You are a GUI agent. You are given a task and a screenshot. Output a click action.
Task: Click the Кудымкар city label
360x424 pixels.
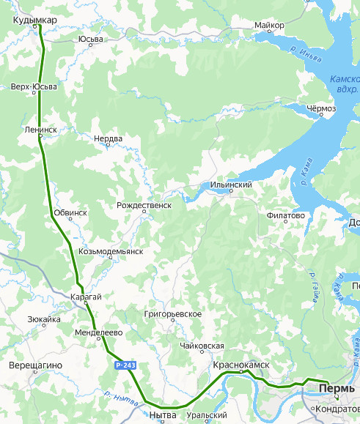coord(34,20)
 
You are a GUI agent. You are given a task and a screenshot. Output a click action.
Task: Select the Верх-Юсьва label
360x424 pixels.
coord(34,86)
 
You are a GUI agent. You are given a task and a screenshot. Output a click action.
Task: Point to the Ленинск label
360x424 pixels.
coord(40,129)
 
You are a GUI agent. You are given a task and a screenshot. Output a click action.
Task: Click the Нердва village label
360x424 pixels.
coord(109,138)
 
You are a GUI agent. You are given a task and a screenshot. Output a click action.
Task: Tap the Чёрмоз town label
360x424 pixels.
coord(320,108)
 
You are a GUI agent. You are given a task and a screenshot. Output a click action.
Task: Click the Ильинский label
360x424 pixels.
coord(231,185)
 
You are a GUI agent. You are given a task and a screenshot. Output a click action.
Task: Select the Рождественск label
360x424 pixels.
coord(144,206)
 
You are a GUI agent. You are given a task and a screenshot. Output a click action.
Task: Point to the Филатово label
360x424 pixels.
coord(286,216)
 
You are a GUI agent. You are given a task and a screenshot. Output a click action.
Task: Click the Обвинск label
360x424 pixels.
coord(70,212)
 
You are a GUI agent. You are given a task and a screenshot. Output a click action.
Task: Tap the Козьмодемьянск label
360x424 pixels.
coord(110,251)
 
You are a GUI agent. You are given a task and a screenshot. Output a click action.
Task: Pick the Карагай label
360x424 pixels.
coord(86,297)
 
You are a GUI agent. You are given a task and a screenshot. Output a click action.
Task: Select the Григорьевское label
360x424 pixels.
coord(173,313)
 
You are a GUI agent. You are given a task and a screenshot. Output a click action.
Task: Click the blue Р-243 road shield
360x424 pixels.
coord(125,364)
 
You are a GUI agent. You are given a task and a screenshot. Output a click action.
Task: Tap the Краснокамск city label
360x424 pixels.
coord(241,364)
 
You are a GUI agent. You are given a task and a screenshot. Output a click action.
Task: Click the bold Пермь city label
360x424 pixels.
coord(334,387)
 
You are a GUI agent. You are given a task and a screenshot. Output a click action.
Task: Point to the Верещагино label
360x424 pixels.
coord(36,365)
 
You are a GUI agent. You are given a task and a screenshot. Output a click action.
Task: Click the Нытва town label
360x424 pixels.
coord(162,415)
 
